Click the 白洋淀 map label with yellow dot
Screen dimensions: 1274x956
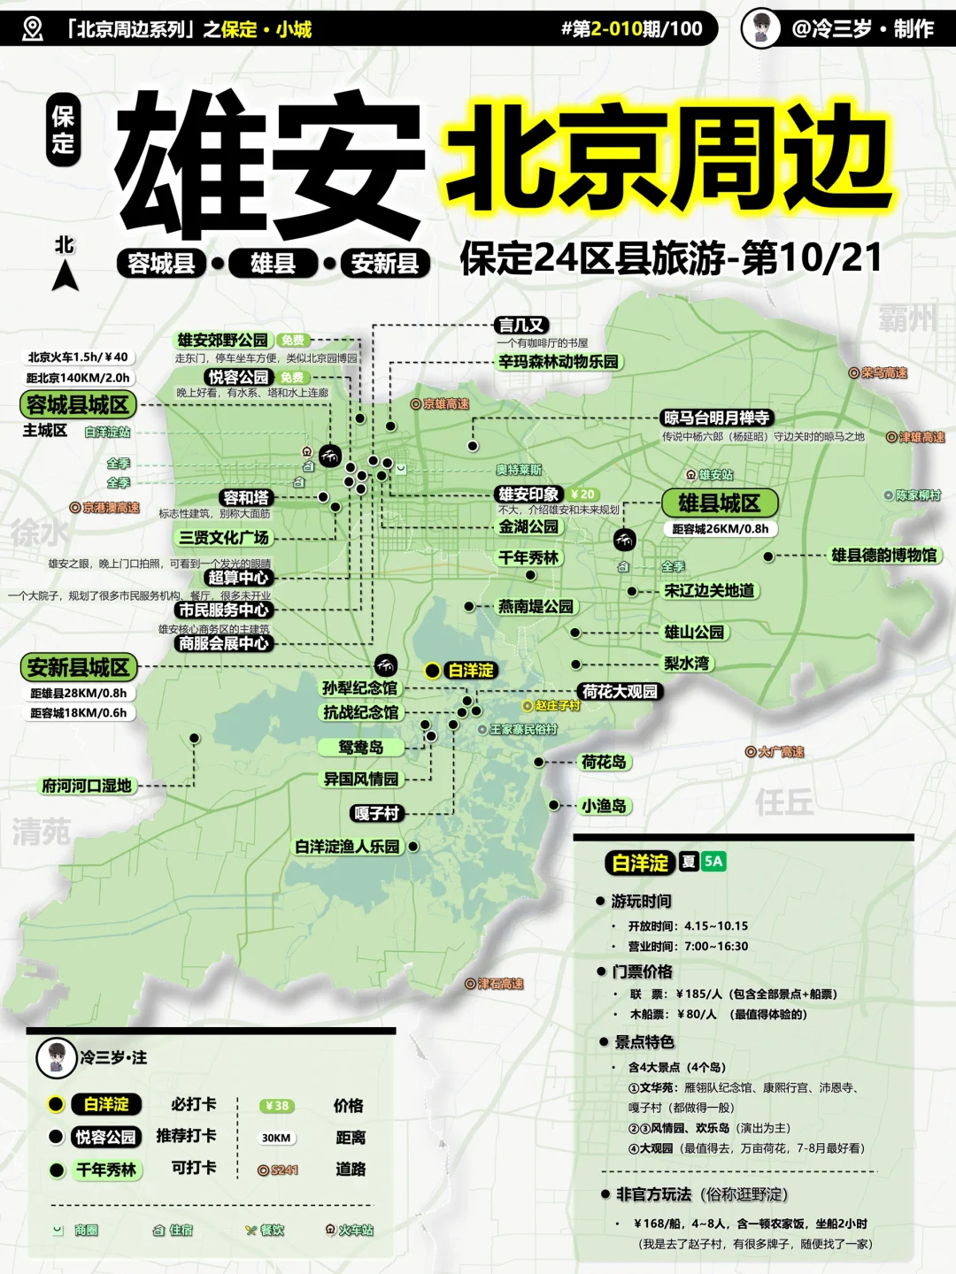[x=470, y=671]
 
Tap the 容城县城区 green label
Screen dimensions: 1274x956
[x=78, y=405]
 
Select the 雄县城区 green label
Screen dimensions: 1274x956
[x=719, y=503]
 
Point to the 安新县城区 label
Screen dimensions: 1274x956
[x=78, y=667]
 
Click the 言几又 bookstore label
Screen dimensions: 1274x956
[x=520, y=326]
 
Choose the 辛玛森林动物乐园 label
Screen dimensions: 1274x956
[x=558, y=361]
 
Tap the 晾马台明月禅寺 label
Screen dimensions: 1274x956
[x=716, y=418]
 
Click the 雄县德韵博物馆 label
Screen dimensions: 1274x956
[x=883, y=556]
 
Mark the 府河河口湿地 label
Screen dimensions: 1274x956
[x=87, y=786]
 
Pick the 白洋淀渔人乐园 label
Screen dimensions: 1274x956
[x=347, y=847]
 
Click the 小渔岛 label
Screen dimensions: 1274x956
[x=604, y=806]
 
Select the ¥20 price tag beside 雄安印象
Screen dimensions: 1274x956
[x=582, y=494]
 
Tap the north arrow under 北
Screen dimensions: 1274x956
[x=65, y=276]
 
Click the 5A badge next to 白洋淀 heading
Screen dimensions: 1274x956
[x=713, y=862]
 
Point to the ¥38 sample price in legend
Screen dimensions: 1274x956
[x=277, y=1106]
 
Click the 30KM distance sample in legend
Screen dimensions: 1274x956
[x=276, y=1138]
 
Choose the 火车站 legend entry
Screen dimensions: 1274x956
[x=350, y=1230]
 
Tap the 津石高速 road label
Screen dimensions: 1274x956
[x=495, y=984]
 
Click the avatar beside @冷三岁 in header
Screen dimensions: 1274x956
[x=761, y=28]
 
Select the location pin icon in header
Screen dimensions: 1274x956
[x=32, y=29]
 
